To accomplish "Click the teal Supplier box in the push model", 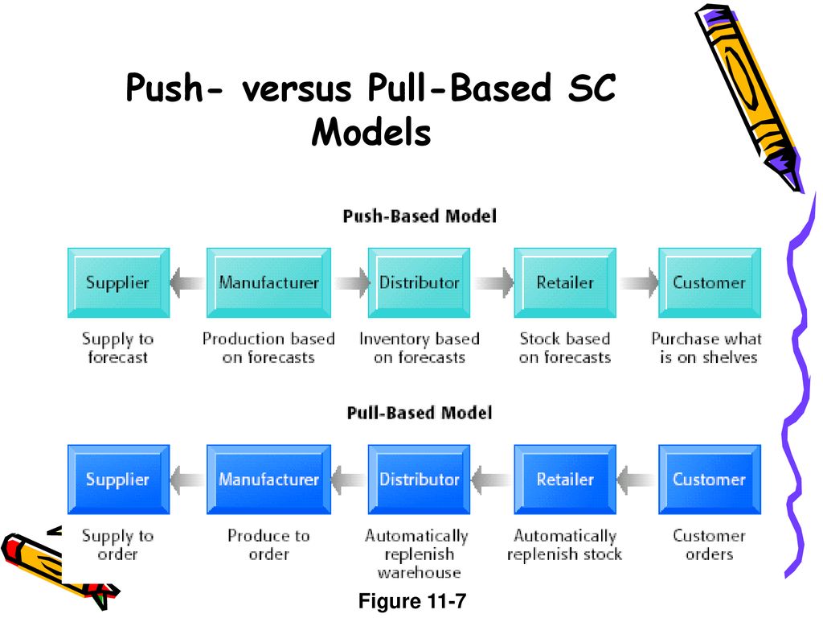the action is coord(119,282).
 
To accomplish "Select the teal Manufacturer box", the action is coord(268,282).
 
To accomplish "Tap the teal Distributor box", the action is coord(419,282).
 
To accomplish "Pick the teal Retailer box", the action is coord(565,282).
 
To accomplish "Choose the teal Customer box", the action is coord(710,282).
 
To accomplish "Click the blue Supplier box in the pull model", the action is coord(119,480).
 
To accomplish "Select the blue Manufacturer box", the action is coord(268,480).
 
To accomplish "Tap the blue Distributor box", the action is coord(419,480).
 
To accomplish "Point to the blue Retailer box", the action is coord(565,480).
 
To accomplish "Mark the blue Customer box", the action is coord(710,480).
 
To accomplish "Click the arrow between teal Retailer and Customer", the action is coord(638,282).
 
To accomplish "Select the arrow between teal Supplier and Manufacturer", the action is coord(187,282).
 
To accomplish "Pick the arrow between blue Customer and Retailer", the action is coord(637,480).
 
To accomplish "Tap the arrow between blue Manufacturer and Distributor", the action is coord(349,480).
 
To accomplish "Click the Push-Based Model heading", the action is coord(420,216).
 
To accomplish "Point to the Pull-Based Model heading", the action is coord(420,413).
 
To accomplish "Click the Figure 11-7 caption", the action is coord(412,600).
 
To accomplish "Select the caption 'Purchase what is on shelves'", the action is coord(707,348).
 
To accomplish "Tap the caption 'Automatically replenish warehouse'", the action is coord(417,554).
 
